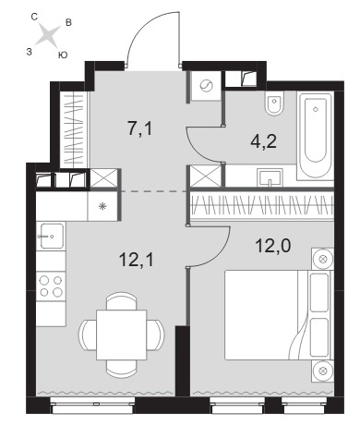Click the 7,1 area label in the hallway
pyautogui.click(x=140, y=128)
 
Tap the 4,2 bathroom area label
pyautogui.click(x=264, y=141)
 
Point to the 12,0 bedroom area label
pyautogui.click(x=273, y=246)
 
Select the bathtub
pyautogui.click(x=315, y=135)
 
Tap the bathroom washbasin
pyautogui.click(x=270, y=177)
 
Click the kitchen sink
pyautogui.click(x=51, y=236)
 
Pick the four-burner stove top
pyautogui.click(x=51, y=286)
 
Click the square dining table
pyautogui.click(x=121, y=335)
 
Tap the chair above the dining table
pyautogui.click(x=121, y=301)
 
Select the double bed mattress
pyautogui.click(x=261, y=315)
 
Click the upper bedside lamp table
pyautogui.click(x=322, y=259)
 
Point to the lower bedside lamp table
pyautogui.click(x=322, y=371)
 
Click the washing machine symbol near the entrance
pyautogui.click(x=206, y=86)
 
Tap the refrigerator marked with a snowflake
pyautogui.click(x=102, y=206)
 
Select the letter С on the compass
pyautogui.click(x=34, y=17)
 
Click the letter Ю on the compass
pyautogui.click(x=63, y=55)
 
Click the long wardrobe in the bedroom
pyautogui.click(x=262, y=205)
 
